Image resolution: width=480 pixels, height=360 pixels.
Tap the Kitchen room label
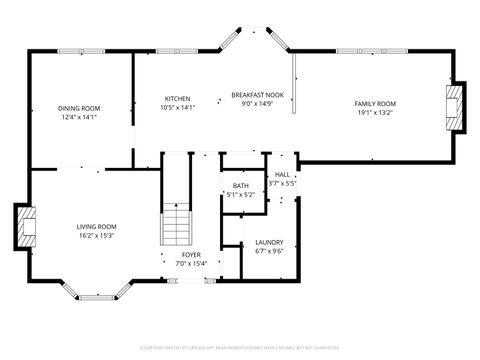tap(178, 98)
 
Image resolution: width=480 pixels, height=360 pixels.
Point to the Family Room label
tap(375, 104)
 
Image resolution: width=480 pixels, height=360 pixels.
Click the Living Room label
tap(97, 227)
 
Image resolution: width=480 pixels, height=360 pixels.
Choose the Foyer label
tap(190, 254)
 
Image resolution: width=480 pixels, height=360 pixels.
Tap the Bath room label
tap(241, 186)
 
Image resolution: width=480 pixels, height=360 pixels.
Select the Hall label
tap(282, 174)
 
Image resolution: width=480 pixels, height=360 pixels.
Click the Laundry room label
tap(269, 242)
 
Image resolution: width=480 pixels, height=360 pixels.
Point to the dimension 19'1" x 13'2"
tap(375, 113)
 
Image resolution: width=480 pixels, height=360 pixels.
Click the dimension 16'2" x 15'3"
tap(97, 236)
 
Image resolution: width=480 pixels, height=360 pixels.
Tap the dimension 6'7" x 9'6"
tap(269, 251)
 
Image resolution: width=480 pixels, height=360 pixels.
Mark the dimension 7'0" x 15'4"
tap(190, 263)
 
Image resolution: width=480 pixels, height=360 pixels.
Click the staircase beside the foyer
tap(176, 225)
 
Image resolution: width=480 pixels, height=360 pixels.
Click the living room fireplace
tap(23, 228)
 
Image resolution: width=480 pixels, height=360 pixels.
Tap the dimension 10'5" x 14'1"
tap(178, 107)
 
